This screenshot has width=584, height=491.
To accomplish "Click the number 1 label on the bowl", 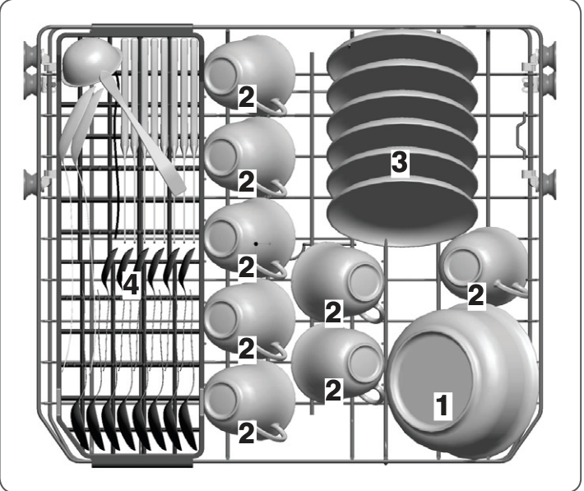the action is [443, 405].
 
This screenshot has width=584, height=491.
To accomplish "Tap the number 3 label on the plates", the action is [400, 162].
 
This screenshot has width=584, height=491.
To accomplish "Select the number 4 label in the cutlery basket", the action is [131, 285].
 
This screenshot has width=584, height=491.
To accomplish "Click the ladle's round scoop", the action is [90, 63].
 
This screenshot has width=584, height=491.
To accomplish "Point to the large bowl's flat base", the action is [432, 380].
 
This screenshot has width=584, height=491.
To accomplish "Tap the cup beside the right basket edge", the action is [484, 266].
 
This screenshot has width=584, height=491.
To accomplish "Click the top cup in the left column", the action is [248, 72].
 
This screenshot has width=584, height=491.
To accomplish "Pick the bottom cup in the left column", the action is [248, 401].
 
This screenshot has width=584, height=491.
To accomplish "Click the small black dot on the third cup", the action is [256, 243].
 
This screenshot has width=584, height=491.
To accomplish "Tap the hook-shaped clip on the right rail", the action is [521, 135].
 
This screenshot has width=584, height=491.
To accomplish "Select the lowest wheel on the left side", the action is [31, 183].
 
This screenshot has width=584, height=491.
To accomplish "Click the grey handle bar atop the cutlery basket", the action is [142, 30].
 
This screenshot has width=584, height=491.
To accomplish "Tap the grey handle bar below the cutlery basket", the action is [142, 461].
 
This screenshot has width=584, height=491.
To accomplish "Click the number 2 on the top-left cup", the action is [246, 98].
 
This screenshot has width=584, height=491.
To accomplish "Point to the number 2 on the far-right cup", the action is [476, 295].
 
